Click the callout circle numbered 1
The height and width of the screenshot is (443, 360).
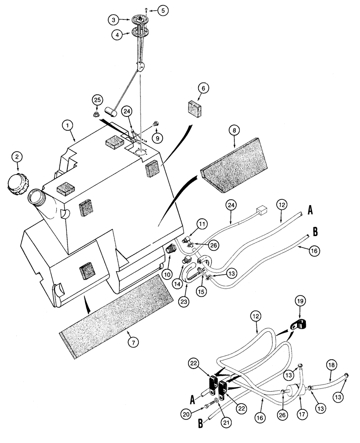tap(68, 126)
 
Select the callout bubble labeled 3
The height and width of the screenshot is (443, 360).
tap(114, 20)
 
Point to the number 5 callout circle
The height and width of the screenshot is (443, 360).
tap(164, 9)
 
